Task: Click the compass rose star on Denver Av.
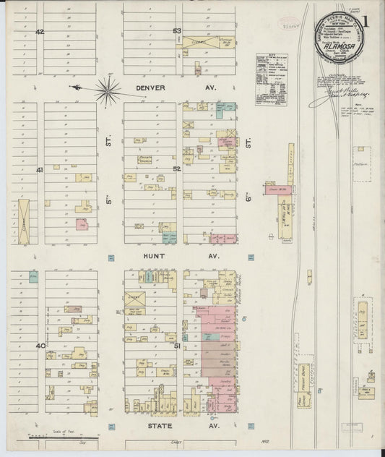[107, 90]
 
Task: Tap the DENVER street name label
[152, 88]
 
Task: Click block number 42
[40, 32]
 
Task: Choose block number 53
[177, 31]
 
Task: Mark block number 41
[40, 170]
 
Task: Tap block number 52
[176, 168]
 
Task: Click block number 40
[40, 346]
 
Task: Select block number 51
[177, 347]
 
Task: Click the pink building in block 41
[80, 224]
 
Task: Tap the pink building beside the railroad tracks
[276, 190]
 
